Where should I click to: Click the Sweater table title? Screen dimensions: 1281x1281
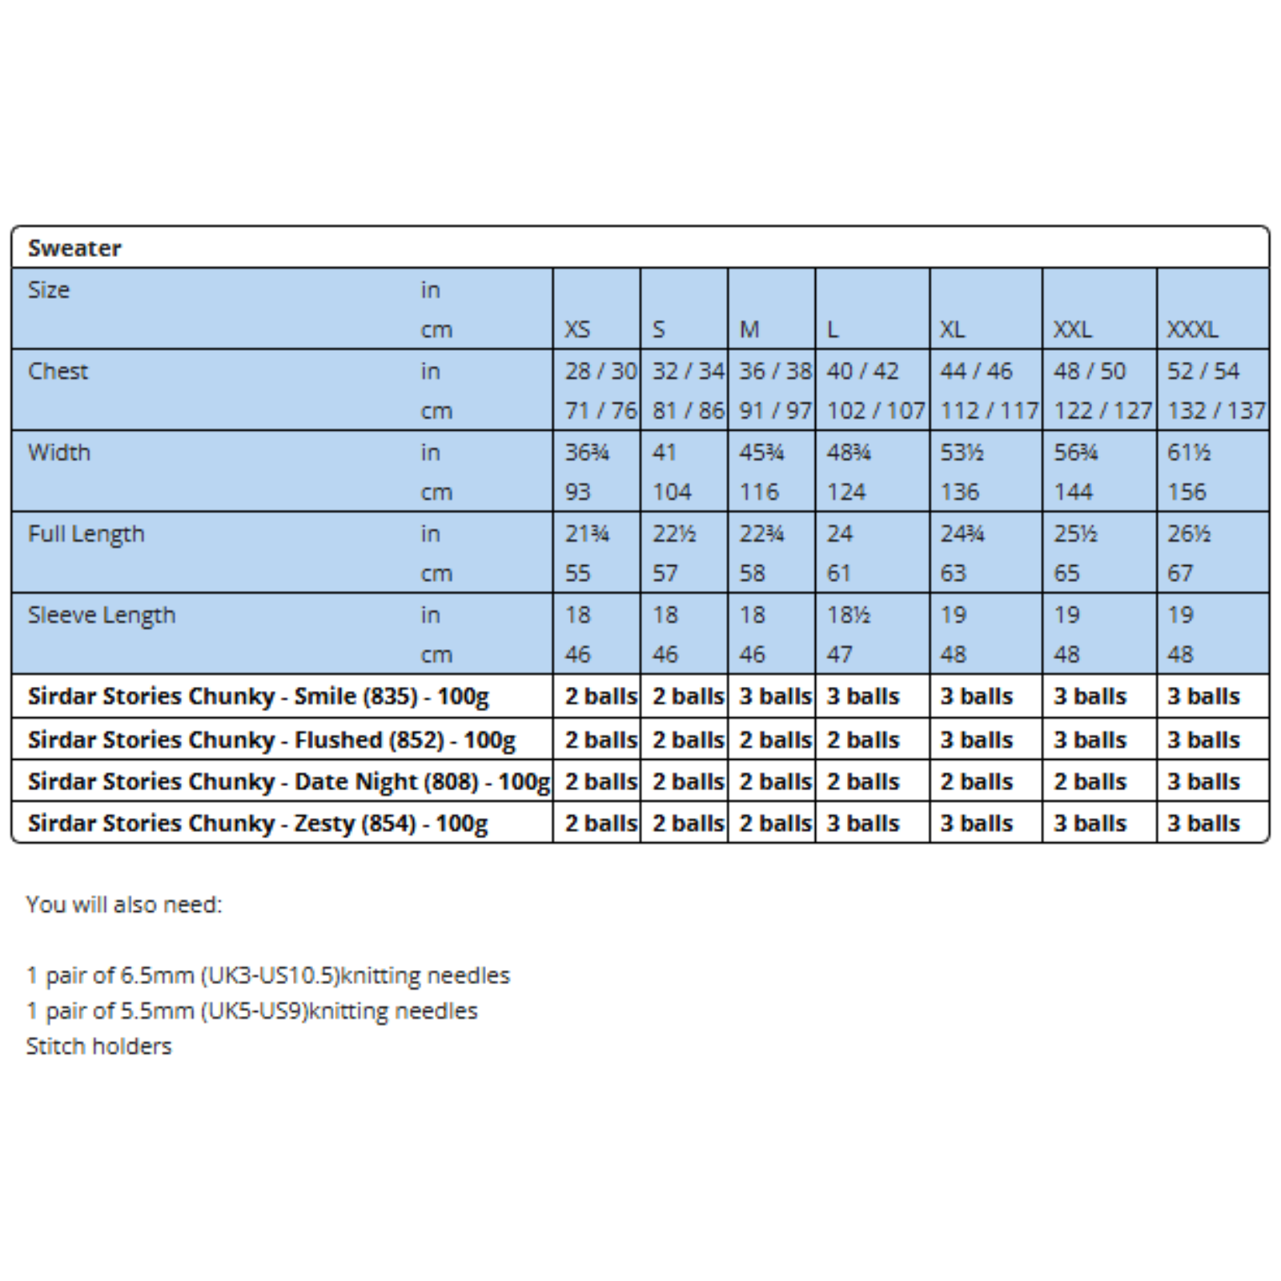click(x=74, y=248)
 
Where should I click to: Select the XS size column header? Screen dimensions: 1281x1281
click(x=577, y=330)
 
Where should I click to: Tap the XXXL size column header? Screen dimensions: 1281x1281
click(x=1192, y=330)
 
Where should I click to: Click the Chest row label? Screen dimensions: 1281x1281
click(x=58, y=371)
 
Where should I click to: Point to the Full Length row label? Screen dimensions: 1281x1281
click(x=86, y=534)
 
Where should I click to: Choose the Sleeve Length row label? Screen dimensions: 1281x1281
click(x=102, y=616)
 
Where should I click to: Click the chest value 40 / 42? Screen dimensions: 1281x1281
click(x=862, y=371)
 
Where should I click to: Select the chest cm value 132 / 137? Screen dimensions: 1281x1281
click(x=1216, y=412)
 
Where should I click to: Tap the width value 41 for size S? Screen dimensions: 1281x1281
click(x=665, y=453)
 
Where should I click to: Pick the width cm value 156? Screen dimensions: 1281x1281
click(x=1187, y=492)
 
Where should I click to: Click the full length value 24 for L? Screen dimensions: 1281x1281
click(x=840, y=534)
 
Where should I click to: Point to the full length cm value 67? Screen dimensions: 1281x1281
click(x=1180, y=574)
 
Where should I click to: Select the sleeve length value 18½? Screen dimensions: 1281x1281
click(x=849, y=616)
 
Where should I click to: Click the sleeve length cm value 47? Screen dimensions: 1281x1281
click(x=840, y=655)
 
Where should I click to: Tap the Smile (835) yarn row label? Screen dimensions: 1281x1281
click(x=258, y=697)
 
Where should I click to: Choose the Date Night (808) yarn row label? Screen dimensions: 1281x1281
click(x=288, y=781)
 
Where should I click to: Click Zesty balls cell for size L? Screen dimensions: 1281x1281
click(x=863, y=823)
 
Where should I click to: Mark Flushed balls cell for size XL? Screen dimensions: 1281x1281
click(x=977, y=740)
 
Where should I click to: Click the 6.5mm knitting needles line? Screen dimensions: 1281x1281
click(x=268, y=975)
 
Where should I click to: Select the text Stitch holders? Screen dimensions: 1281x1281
click(x=98, y=1046)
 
